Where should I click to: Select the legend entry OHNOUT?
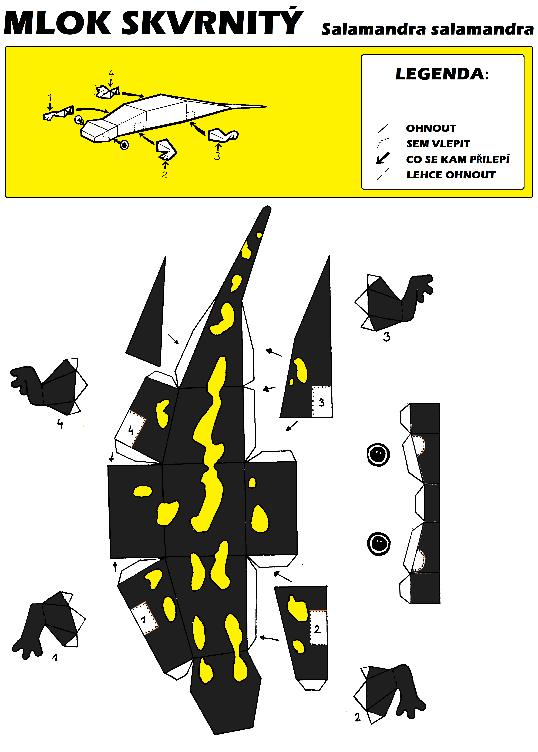point(431,128)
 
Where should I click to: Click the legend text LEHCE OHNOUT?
point(451,175)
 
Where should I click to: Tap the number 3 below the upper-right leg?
point(387,337)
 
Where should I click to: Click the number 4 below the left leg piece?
point(60,423)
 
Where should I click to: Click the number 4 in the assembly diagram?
point(111,73)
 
